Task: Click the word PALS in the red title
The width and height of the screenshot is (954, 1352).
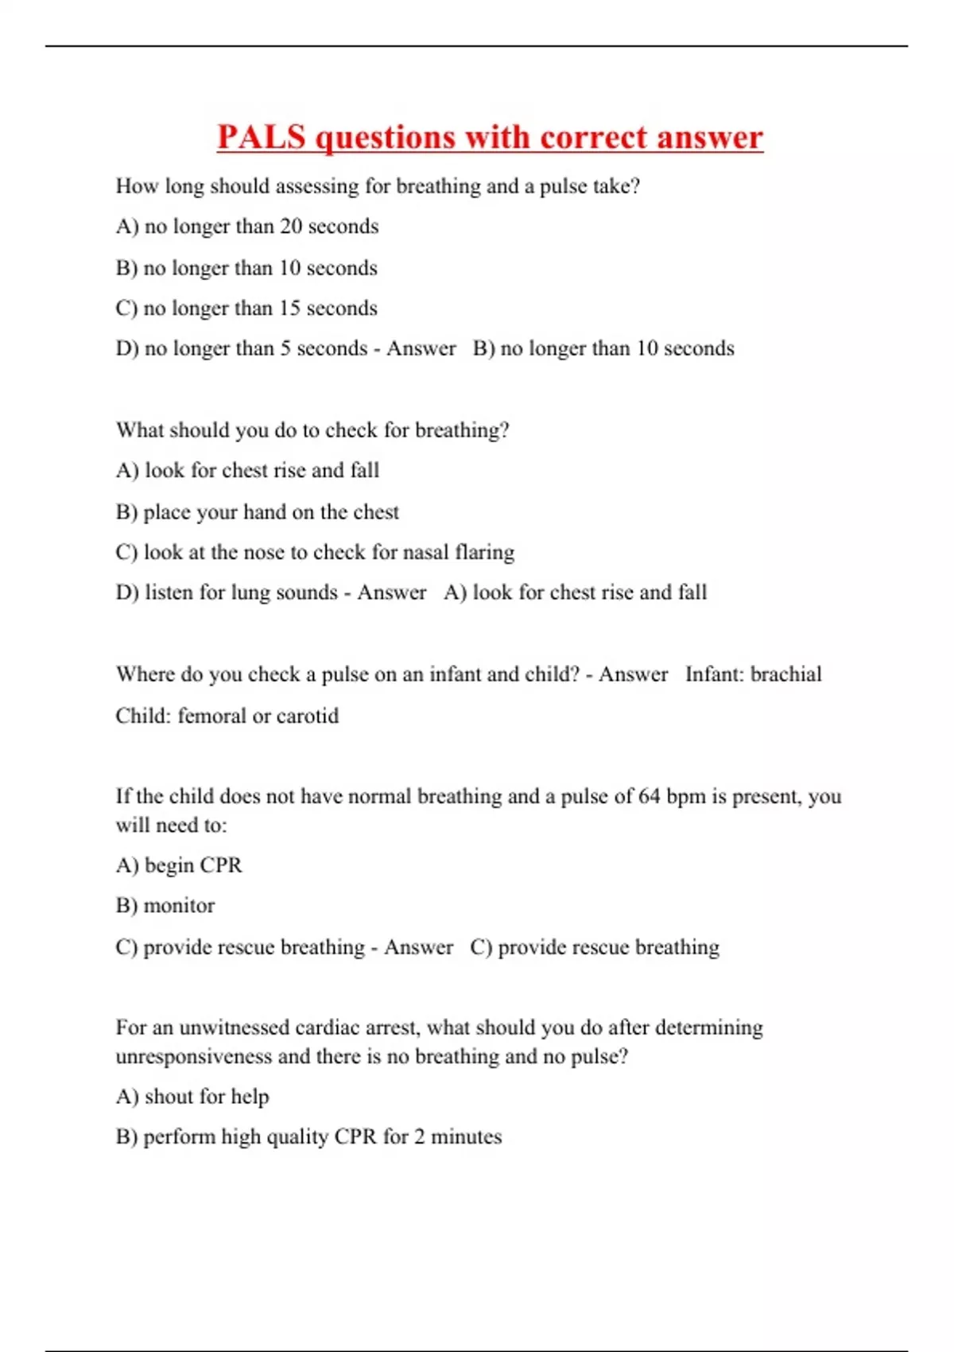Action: tap(262, 137)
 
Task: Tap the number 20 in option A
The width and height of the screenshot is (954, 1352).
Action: tap(291, 227)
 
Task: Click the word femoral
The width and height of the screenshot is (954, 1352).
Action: tap(211, 716)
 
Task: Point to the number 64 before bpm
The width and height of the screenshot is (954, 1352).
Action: tap(649, 797)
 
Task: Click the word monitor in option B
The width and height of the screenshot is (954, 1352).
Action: tap(179, 906)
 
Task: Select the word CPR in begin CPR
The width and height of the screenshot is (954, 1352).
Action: tap(221, 865)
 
